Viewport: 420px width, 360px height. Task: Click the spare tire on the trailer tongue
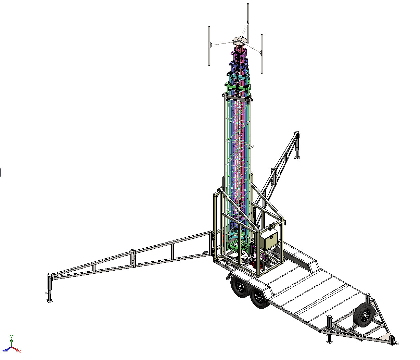[364, 315]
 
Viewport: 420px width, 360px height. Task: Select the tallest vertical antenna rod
[248, 23]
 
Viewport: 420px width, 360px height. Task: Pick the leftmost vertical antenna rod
[209, 46]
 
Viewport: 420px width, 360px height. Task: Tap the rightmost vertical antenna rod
[262, 54]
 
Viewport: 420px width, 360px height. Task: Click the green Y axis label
[12, 336]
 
